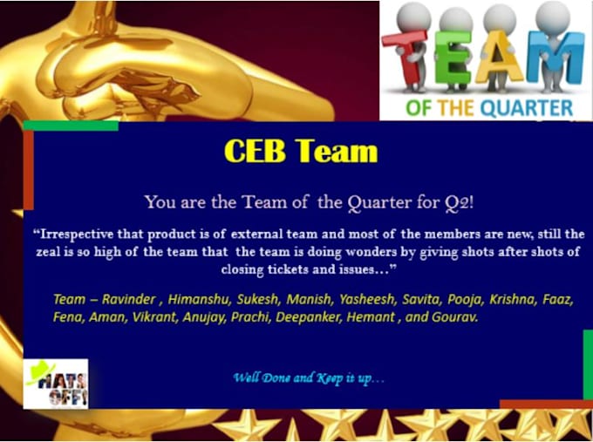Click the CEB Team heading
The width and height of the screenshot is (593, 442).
[x=301, y=151]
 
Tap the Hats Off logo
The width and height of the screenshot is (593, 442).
[x=56, y=384]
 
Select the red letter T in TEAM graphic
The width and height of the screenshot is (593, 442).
[x=406, y=57]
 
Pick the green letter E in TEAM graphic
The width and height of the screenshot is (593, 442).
[x=453, y=58]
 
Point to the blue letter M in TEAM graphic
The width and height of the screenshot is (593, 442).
[x=556, y=58]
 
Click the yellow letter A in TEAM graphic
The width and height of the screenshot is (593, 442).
[x=499, y=57]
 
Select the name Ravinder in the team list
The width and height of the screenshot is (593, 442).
[x=128, y=299]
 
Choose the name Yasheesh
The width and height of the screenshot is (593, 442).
[x=367, y=299]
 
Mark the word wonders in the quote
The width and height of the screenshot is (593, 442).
[x=371, y=251]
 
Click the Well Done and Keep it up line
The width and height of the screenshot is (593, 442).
[x=309, y=377]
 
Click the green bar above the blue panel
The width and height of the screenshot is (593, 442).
[x=71, y=126]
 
